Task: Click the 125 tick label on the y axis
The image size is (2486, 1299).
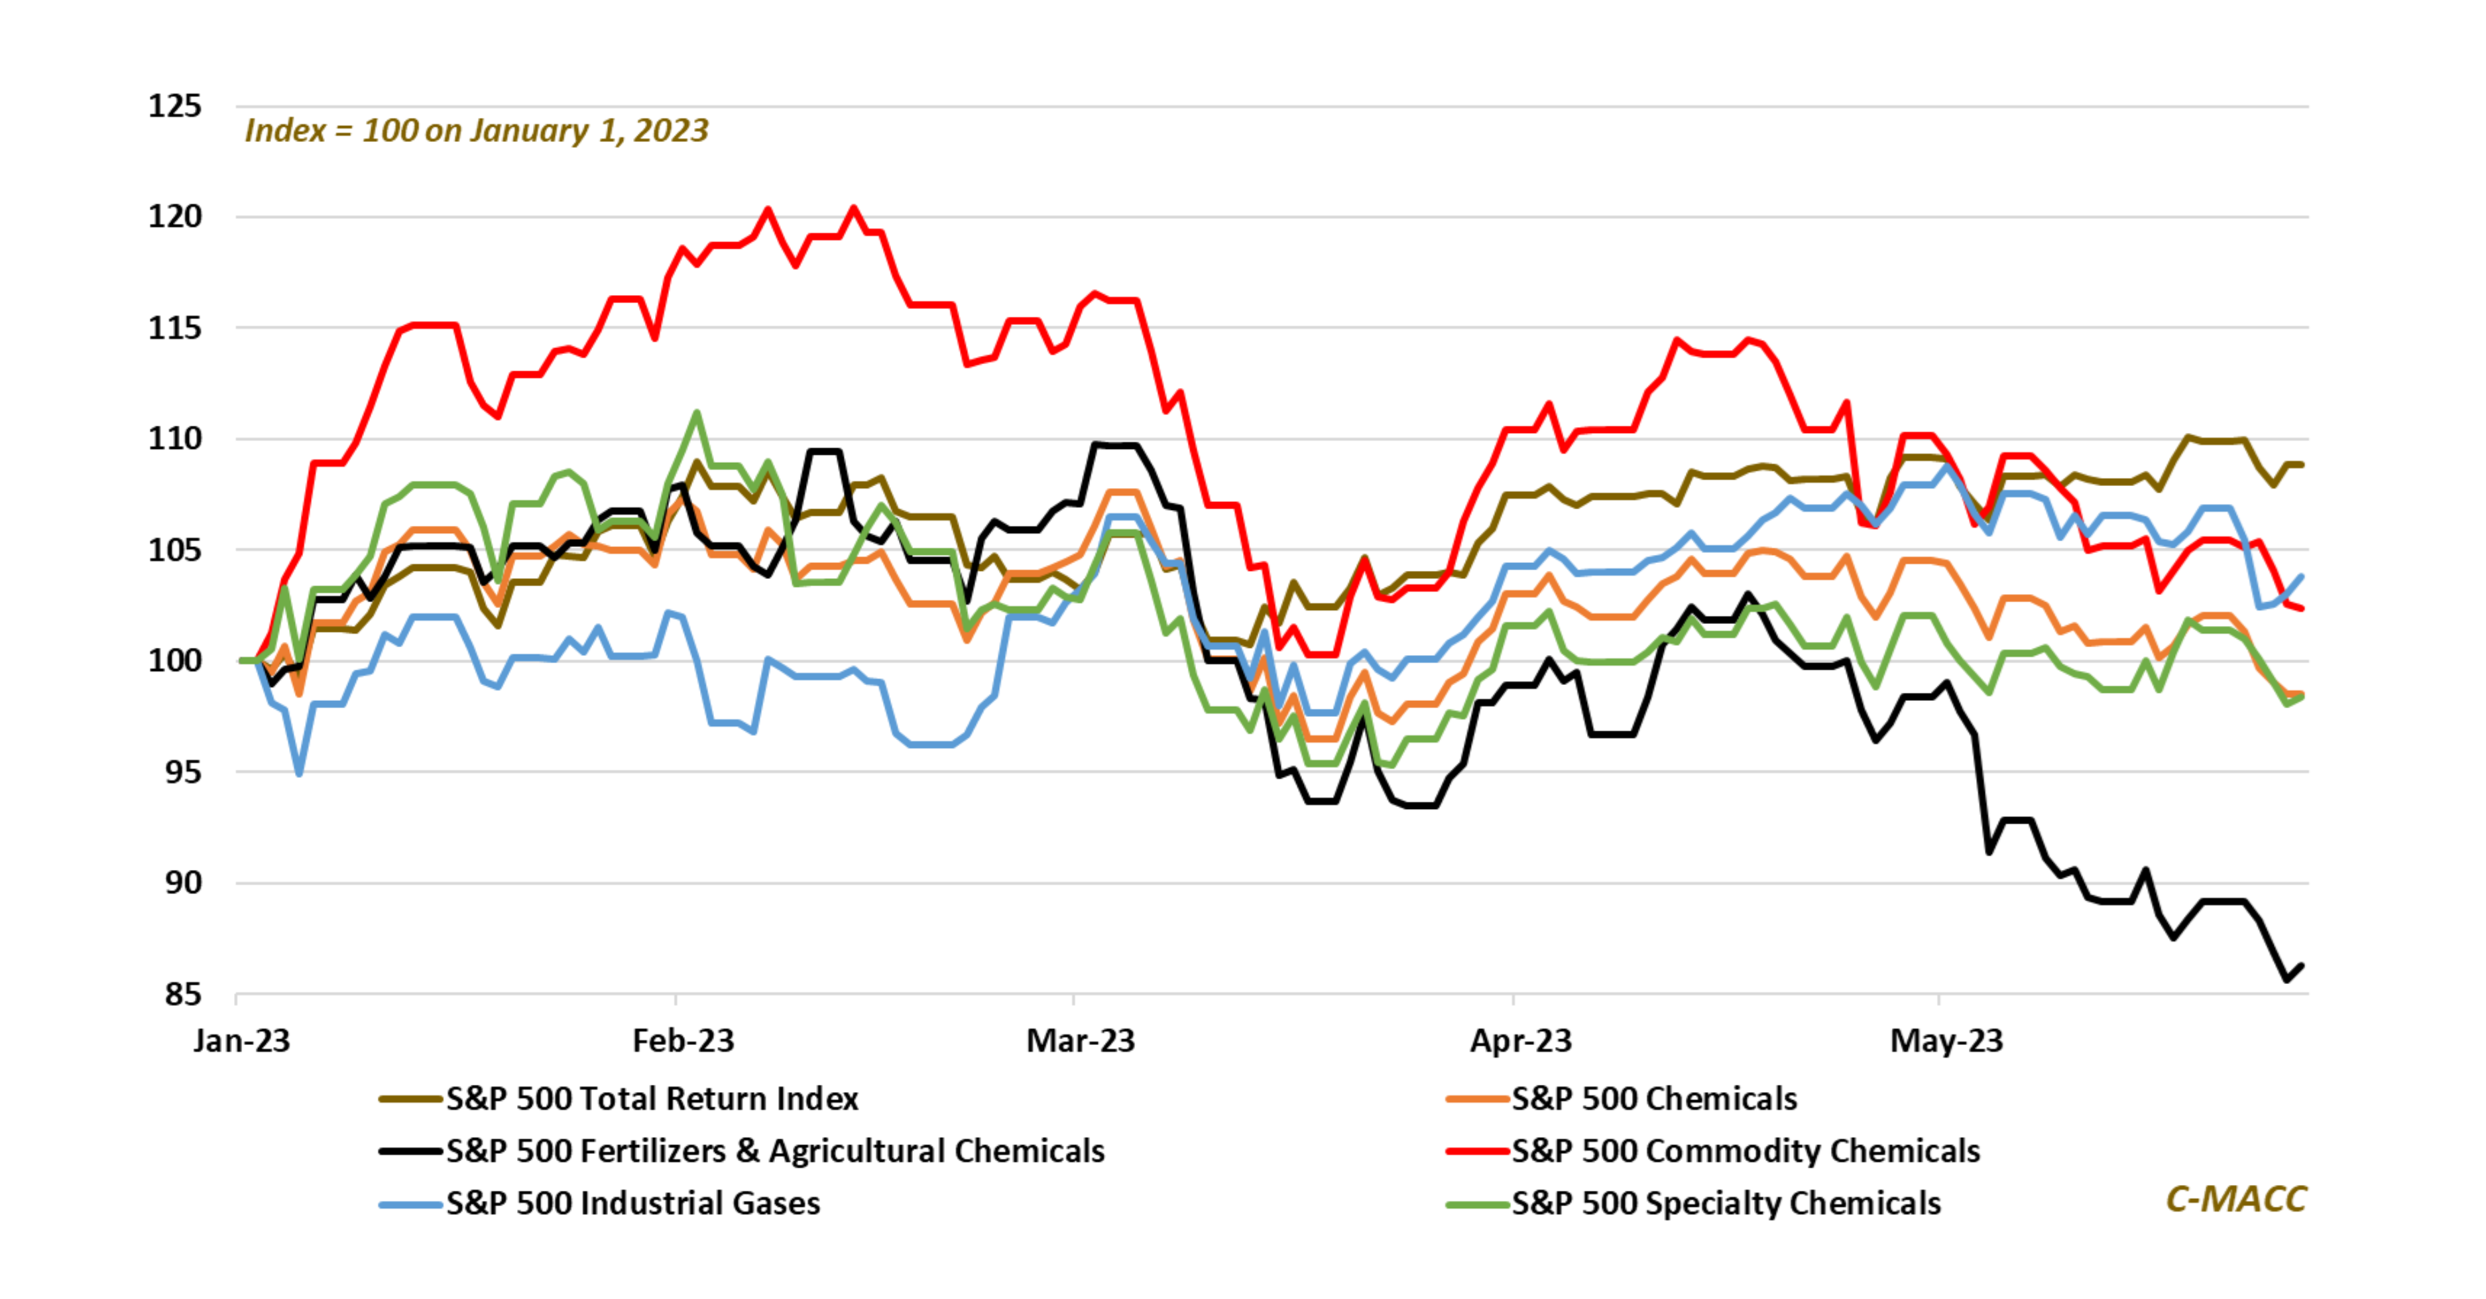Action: click(x=174, y=105)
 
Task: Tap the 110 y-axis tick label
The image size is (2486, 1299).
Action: click(x=174, y=438)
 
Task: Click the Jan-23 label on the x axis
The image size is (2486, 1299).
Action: click(x=241, y=1040)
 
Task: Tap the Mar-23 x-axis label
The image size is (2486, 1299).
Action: click(x=1080, y=1040)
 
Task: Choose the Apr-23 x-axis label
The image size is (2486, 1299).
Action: click(x=1520, y=1040)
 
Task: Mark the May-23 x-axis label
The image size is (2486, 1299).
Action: click(x=1946, y=1040)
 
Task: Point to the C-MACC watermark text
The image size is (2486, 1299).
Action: click(x=2235, y=1199)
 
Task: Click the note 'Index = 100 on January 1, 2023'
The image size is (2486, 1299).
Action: click(x=477, y=130)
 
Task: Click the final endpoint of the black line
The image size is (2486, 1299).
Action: click(x=2302, y=966)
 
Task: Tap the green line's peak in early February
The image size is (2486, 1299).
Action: click(x=697, y=413)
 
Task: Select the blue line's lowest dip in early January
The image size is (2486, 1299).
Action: click(x=299, y=773)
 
